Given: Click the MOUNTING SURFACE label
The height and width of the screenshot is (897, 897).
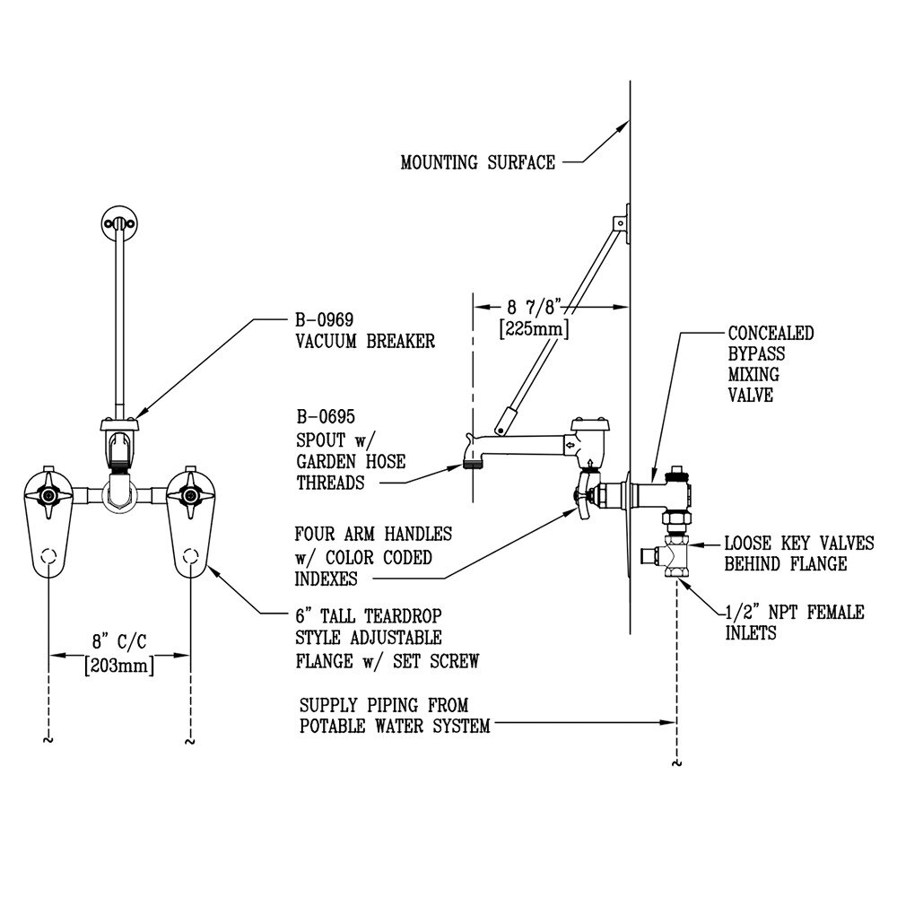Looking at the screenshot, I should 478,163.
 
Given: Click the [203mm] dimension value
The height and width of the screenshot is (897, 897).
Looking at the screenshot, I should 119,666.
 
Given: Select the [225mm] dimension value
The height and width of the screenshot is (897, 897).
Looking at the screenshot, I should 535,329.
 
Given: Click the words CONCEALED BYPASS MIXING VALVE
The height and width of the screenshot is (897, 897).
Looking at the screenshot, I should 770,363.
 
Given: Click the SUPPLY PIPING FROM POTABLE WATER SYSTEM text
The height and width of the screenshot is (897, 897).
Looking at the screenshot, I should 395,716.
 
